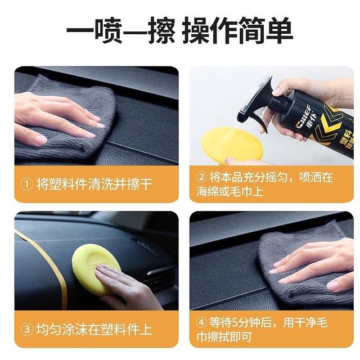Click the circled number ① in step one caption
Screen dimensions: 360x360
tap(26, 184)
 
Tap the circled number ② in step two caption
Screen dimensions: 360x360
tap(201, 177)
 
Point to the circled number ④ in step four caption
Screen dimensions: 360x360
tap(201, 323)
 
